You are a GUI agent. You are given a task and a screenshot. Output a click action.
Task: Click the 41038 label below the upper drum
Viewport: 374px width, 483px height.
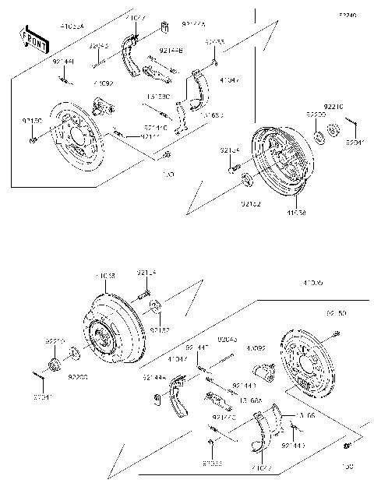[296, 212]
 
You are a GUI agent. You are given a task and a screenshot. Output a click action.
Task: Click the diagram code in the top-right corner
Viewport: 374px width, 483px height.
[347, 15]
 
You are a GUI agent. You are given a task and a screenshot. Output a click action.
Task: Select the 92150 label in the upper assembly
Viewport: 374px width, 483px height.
[33, 121]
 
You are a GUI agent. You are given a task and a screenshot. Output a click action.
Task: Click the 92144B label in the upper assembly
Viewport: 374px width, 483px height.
[170, 51]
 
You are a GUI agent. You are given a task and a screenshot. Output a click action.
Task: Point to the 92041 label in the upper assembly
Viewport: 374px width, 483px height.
[355, 143]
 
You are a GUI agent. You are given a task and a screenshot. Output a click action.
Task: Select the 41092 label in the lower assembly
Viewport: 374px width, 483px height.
[256, 348]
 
